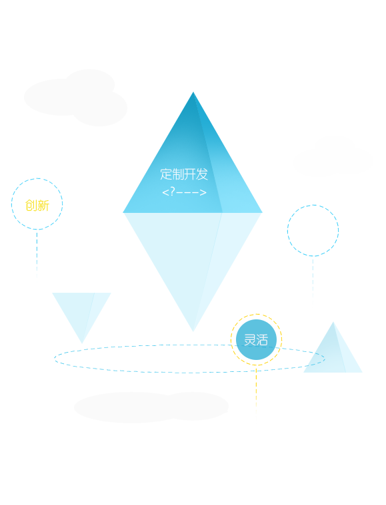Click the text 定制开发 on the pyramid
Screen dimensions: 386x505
click(184, 174)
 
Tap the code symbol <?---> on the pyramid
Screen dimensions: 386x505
click(184, 192)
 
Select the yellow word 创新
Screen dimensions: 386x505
click(37, 205)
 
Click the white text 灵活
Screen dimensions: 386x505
click(256, 340)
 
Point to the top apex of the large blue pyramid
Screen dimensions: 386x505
click(193, 92)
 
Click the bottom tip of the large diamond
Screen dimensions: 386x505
click(193, 331)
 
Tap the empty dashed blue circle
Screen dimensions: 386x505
click(313, 205)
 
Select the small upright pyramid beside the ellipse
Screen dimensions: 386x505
click(333, 354)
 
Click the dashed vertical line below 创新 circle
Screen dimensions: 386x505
click(37, 254)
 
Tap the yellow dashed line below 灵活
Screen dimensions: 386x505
click(256, 389)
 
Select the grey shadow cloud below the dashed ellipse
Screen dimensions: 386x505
click(151, 407)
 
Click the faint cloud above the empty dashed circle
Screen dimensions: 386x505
click(333, 157)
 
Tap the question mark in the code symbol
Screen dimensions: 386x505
click(173, 192)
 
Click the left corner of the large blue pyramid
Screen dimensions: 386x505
click(123, 212)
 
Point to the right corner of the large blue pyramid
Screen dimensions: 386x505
click(262, 212)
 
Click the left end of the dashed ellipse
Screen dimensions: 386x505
click(55, 359)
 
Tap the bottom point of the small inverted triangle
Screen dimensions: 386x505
click(82, 343)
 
